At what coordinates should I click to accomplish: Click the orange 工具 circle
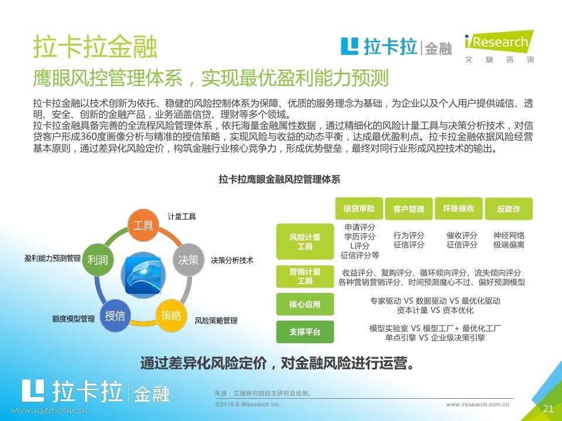[x=143, y=225]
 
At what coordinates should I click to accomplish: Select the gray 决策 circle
[x=189, y=260]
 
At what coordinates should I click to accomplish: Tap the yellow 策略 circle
[x=172, y=315]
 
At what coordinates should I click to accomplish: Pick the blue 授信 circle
[x=115, y=315]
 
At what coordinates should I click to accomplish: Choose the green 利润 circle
[x=98, y=260]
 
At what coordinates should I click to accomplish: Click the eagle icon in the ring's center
[x=143, y=275]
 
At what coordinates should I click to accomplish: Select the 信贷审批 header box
[x=359, y=208]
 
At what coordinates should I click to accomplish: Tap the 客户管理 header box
[x=409, y=208]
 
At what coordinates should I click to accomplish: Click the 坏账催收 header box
[x=458, y=208]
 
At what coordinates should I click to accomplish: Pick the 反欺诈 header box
[x=509, y=208]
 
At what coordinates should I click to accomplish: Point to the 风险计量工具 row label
[x=305, y=241]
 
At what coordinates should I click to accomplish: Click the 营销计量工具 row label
[x=305, y=277]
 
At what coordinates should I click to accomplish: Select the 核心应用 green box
[x=305, y=304]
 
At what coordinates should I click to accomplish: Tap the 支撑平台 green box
[x=305, y=332]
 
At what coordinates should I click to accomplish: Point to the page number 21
[x=548, y=409]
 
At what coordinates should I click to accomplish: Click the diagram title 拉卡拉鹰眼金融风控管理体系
[x=280, y=179]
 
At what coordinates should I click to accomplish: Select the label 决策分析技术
[x=232, y=260]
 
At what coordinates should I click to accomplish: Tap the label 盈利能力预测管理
[x=53, y=258]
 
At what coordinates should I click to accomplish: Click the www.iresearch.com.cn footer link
[x=478, y=405]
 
